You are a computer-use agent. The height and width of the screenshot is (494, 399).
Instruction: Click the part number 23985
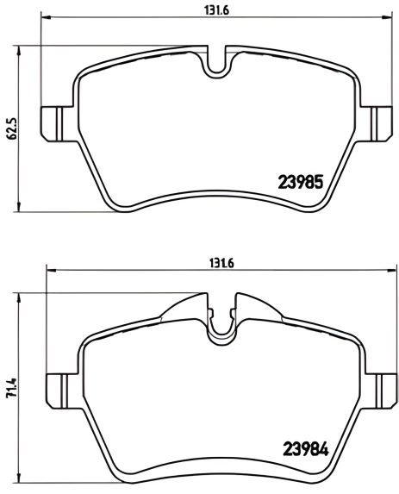301,182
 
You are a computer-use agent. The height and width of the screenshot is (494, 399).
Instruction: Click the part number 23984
306,449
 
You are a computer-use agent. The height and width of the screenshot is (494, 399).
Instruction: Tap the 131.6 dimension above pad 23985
216,10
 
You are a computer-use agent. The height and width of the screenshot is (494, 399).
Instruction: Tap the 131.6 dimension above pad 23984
222,263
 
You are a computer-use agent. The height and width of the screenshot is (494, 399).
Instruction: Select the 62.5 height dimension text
12,128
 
